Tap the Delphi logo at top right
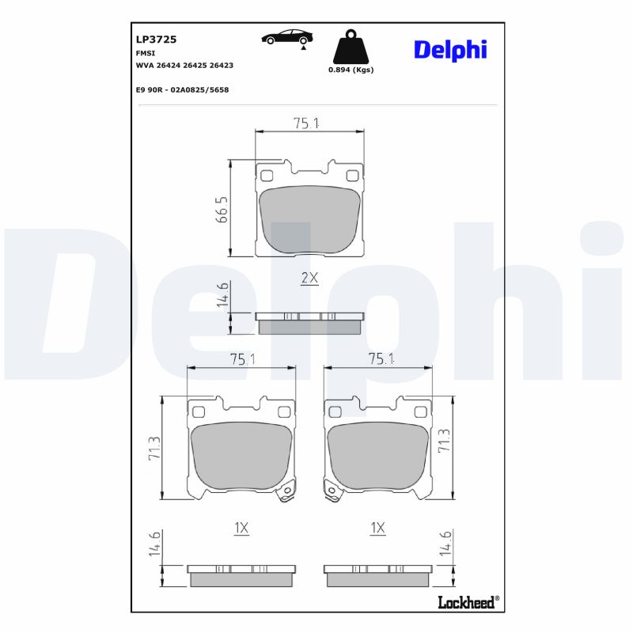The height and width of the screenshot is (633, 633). [x=450, y=49]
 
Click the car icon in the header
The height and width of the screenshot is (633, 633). [x=286, y=37]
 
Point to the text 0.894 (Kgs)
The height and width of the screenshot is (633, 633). [x=351, y=70]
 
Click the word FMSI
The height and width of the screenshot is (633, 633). [x=146, y=52]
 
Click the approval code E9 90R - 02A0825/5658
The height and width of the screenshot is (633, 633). [x=182, y=89]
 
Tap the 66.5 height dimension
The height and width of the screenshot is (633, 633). [x=222, y=210]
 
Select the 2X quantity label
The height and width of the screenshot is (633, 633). [x=309, y=278]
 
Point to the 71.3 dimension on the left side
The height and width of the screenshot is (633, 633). [x=155, y=449]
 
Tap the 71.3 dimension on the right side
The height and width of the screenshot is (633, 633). [x=444, y=441]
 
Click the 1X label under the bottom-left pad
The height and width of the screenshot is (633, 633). [x=241, y=528]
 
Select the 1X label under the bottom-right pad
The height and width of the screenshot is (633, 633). [x=377, y=528]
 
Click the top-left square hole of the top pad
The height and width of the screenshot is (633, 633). [x=267, y=176]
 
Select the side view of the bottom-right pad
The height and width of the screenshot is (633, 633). [x=377, y=574]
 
